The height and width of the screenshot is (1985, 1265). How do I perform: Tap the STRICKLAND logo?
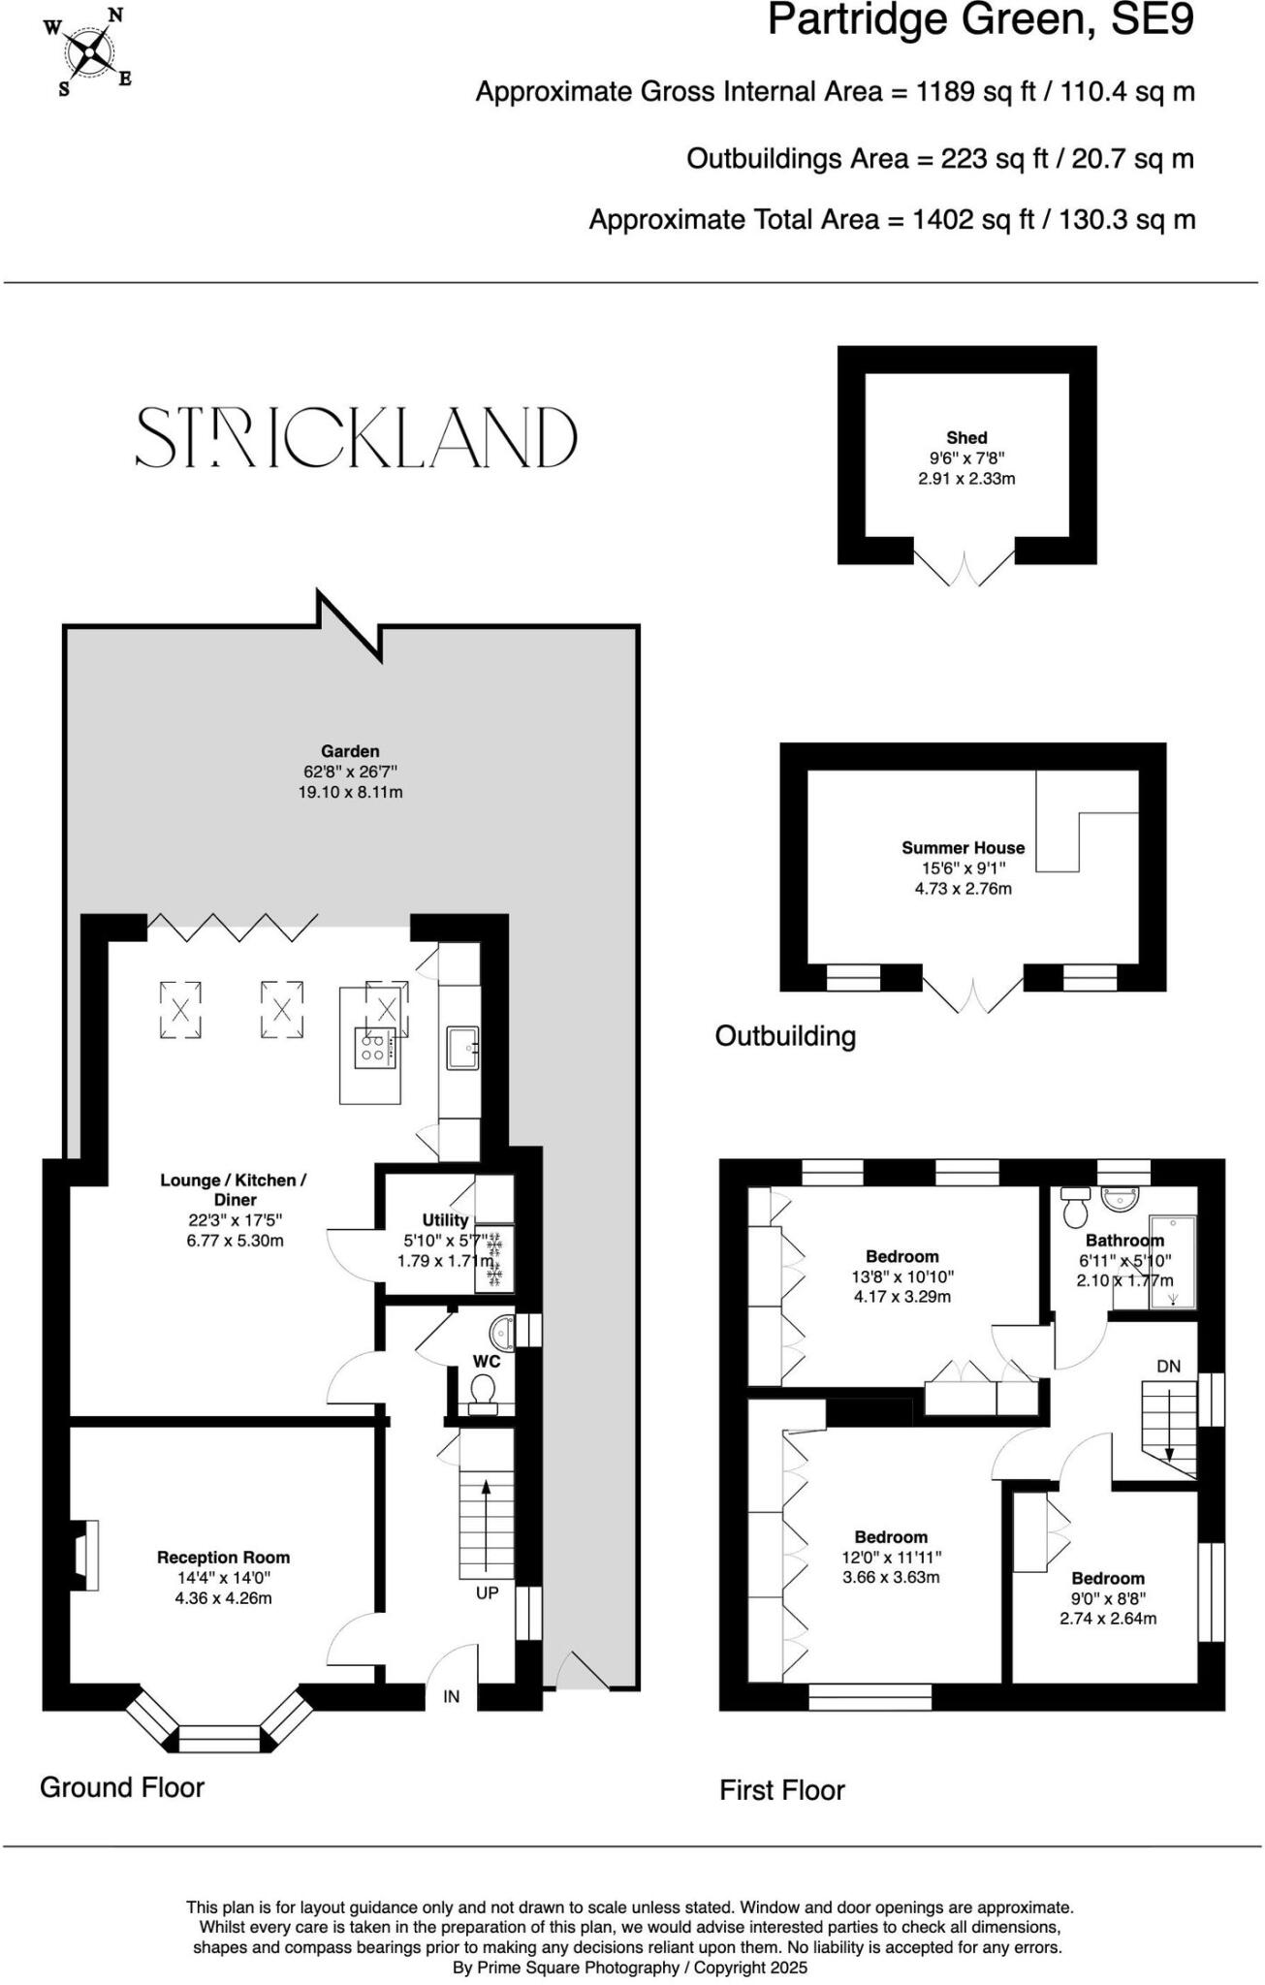pyautogui.click(x=356, y=437)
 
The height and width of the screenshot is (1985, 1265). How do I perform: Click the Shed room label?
pyautogui.click(x=966, y=438)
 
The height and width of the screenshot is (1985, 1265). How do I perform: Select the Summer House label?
pyautogui.click(x=963, y=847)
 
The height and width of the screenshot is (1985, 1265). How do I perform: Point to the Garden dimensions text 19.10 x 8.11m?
pyautogui.click(x=350, y=792)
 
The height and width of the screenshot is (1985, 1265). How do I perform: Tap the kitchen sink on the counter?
pyautogui.click(x=462, y=1049)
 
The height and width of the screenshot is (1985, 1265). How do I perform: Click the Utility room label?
pyautogui.click(x=445, y=1220)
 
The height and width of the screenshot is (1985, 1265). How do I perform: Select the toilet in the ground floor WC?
pyautogui.click(x=482, y=1393)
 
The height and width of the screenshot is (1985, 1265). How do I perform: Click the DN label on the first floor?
pyautogui.click(x=1168, y=1367)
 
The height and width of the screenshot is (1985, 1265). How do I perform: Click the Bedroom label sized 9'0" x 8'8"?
pyautogui.click(x=1107, y=1578)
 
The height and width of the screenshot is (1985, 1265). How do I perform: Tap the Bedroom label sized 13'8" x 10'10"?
pyautogui.click(x=901, y=1256)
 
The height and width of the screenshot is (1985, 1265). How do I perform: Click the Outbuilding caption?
pyautogui.click(x=785, y=1036)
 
